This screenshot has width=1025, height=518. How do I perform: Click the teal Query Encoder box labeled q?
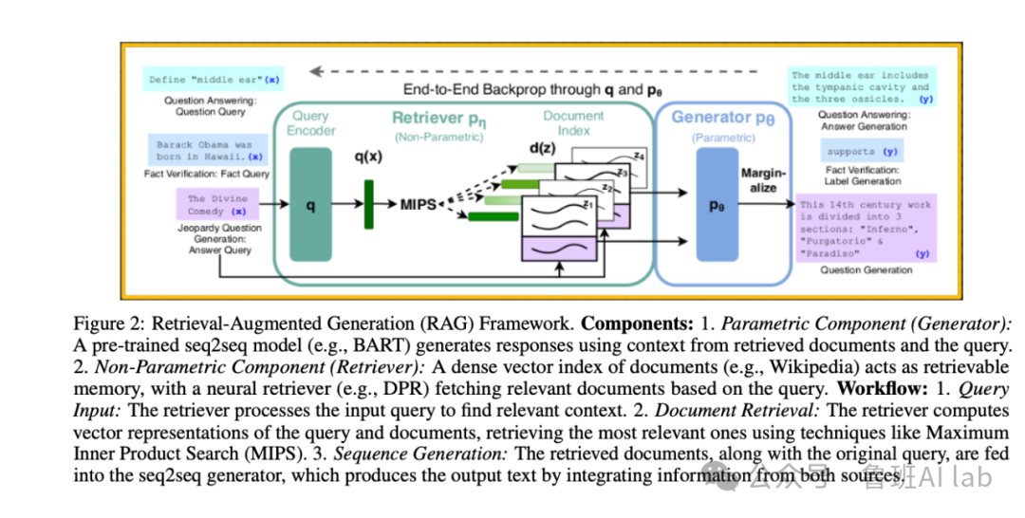tap(309, 205)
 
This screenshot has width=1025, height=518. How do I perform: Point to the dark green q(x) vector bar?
tap(368, 204)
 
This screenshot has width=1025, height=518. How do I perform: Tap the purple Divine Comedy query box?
tap(217, 205)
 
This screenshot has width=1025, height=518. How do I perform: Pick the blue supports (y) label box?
tap(864, 151)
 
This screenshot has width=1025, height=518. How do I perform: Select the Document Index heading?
tap(573, 122)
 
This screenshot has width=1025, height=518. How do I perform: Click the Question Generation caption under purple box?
tap(866, 269)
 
